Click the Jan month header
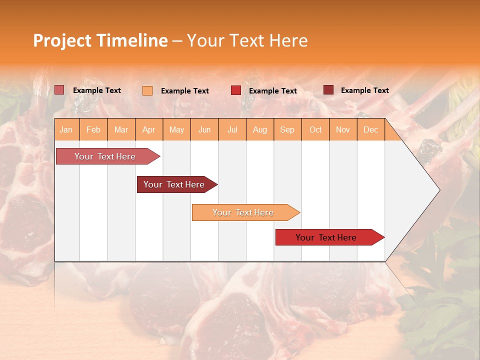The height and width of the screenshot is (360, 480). (66, 129)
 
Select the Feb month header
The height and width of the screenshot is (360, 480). (93, 129)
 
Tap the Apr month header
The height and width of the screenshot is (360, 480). (149, 129)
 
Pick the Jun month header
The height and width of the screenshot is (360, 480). (204, 129)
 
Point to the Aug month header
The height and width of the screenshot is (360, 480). (260, 129)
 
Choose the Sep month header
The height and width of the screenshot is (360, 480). (287, 129)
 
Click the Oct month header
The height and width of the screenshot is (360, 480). (315, 129)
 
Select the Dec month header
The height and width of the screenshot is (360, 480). (371, 129)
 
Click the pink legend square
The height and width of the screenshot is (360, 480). (59, 90)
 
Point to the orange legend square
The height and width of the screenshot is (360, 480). (147, 90)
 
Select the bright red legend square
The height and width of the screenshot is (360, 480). (236, 90)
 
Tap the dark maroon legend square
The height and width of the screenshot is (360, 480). (328, 90)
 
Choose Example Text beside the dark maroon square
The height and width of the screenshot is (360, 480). (364, 90)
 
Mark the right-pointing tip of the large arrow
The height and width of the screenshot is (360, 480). (439, 190)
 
